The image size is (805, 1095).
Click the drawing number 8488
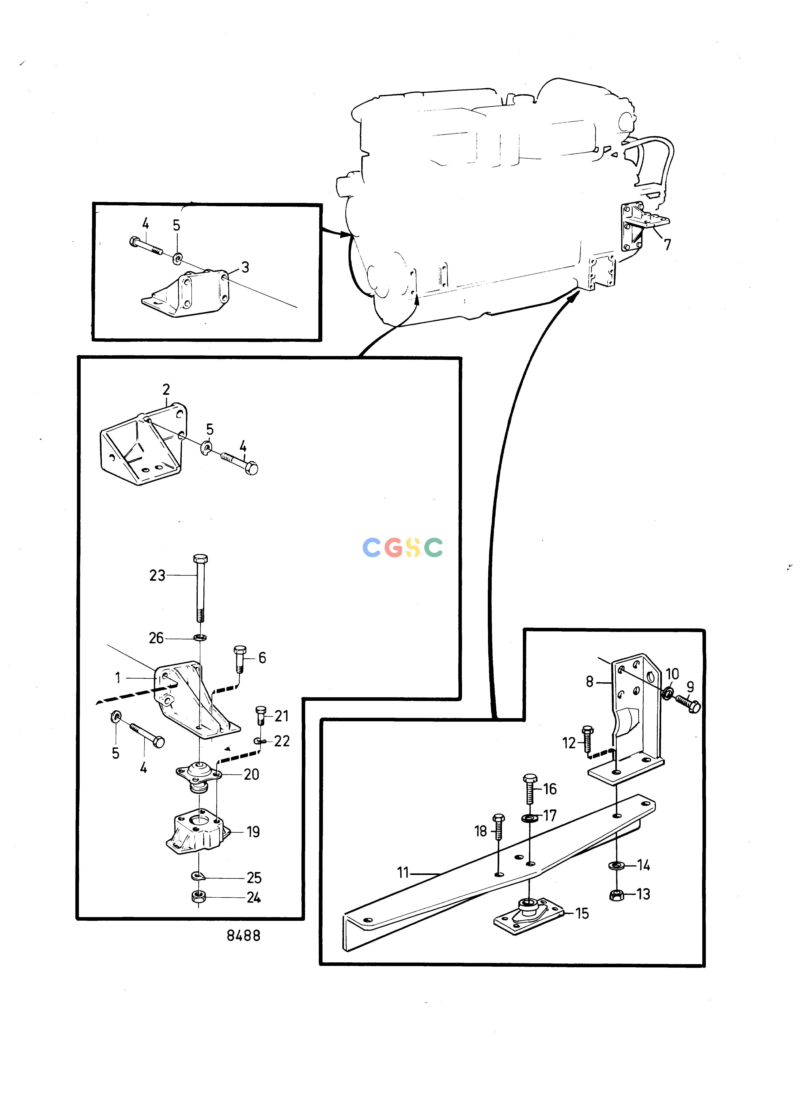(244, 936)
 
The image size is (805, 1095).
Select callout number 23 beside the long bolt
(157, 575)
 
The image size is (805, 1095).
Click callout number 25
(254, 878)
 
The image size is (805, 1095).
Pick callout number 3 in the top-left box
(245, 267)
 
